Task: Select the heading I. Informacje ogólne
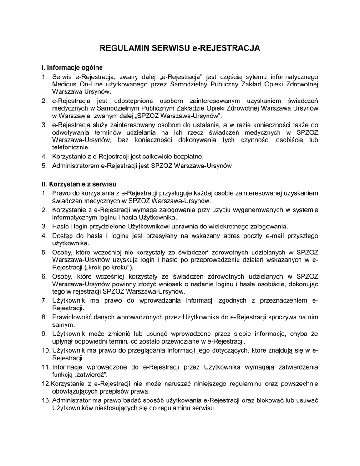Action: point(72,67)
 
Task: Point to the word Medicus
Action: point(65,84)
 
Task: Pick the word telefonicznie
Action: point(71,147)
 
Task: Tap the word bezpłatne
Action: point(181,157)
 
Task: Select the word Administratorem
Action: point(76,166)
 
